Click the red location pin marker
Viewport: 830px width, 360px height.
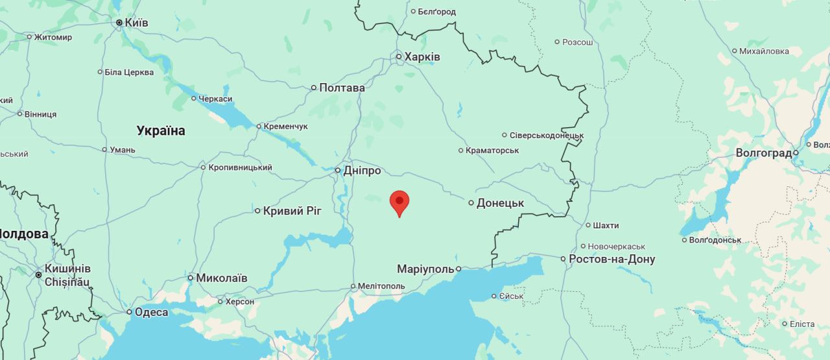[399, 202]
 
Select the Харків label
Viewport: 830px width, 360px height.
[422, 57]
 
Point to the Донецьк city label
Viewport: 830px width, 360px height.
[500, 203]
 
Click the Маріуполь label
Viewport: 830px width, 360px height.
[425, 269]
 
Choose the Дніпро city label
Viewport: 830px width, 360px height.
[362, 171]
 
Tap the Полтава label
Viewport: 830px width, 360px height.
[342, 88]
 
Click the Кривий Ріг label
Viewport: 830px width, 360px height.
[292, 210]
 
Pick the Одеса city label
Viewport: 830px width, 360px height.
[151, 312]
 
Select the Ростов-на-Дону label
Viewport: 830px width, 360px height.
[611, 259]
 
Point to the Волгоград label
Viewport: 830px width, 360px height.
[763, 153]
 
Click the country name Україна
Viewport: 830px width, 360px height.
[161, 130]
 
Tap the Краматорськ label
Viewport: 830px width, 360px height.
[492, 150]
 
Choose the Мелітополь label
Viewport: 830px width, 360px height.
[381, 286]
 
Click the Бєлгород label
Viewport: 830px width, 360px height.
[436, 12]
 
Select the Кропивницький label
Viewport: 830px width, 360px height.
[240, 167]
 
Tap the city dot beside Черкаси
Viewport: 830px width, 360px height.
[193, 99]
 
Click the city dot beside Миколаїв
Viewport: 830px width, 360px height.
[191, 278]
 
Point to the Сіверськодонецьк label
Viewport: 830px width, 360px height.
[547, 135]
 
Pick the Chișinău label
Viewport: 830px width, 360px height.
[67, 282]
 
